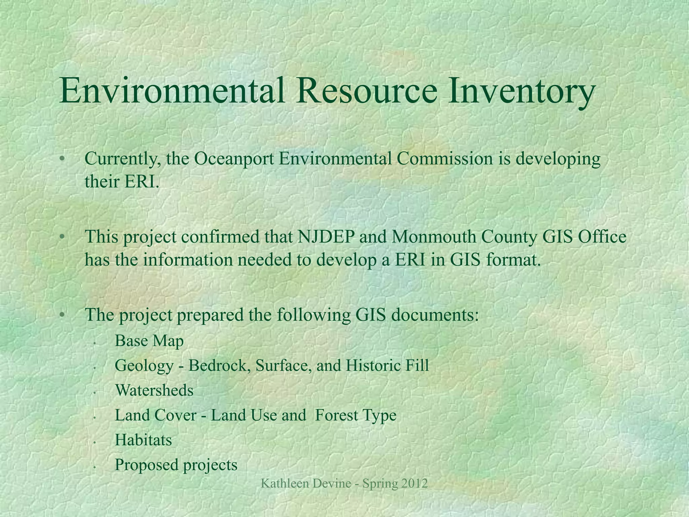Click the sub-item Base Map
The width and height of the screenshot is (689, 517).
(149, 341)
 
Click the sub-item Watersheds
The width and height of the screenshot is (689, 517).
(154, 390)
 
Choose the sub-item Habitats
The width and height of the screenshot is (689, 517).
(143, 440)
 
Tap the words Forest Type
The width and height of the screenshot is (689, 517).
(356, 415)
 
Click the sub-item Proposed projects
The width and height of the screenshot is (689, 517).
(176, 465)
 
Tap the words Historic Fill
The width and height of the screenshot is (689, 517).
(387, 366)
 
